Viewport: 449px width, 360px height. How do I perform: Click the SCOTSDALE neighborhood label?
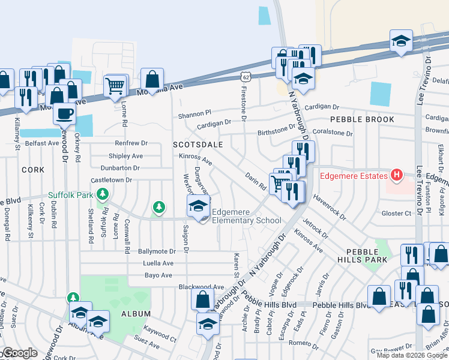coord(197,145)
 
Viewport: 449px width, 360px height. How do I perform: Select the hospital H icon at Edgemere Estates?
coord(396,175)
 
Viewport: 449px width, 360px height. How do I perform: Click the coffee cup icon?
coord(64,112)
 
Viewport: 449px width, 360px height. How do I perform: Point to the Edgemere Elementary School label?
coord(246,220)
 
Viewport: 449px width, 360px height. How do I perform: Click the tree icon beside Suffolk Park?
coord(103,194)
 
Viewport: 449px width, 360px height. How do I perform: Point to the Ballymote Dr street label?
coord(156,251)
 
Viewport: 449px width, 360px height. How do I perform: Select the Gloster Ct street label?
coord(396,213)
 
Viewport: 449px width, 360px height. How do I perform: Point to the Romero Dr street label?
coord(304,346)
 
